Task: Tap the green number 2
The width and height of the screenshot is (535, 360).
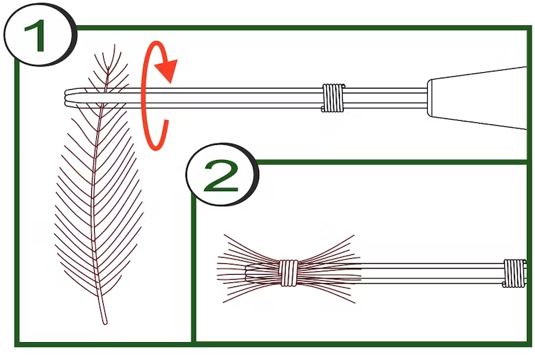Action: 220,176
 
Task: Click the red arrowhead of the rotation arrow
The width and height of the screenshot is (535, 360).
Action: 167,70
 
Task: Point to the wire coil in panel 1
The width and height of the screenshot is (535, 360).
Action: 333,98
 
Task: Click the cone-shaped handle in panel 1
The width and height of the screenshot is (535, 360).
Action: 478,98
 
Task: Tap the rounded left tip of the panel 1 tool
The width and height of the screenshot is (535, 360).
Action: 66,98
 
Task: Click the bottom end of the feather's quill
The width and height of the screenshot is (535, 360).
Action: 105,322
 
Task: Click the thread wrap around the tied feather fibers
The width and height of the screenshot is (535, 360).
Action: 288,273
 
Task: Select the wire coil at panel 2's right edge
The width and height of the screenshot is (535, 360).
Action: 514,273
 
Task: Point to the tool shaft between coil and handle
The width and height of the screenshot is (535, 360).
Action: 386,98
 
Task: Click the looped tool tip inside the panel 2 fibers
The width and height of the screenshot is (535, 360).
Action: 249,273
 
